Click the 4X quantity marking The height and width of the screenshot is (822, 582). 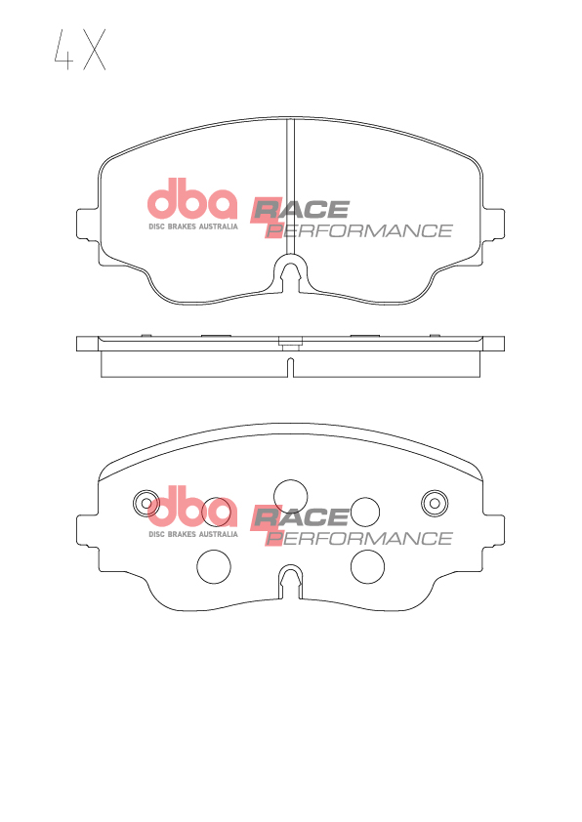point(80,50)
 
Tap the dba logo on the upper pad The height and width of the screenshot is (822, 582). point(192,199)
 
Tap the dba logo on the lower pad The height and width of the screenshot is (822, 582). point(192,507)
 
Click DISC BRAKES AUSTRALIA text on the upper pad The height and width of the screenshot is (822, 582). point(193,226)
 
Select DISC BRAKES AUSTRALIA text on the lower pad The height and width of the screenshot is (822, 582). point(193,534)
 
